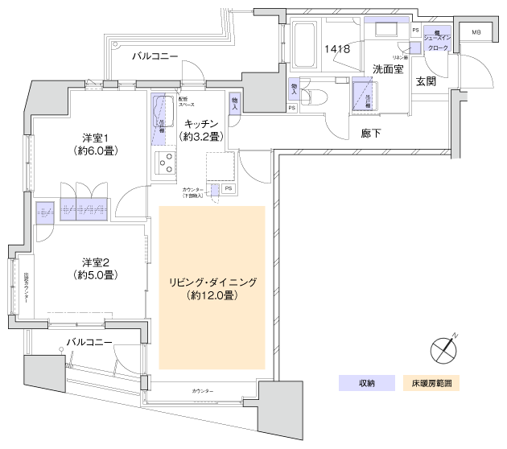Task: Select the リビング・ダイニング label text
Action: [212, 282]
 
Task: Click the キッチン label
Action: [201, 123]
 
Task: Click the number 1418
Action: [337, 49]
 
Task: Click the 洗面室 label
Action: [387, 70]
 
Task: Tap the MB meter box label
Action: [476, 32]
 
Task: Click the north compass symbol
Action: [443, 348]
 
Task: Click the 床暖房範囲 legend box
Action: [431, 382]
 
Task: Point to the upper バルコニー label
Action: [155, 56]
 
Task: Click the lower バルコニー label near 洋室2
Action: [89, 341]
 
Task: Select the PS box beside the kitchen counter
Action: [229, 189]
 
